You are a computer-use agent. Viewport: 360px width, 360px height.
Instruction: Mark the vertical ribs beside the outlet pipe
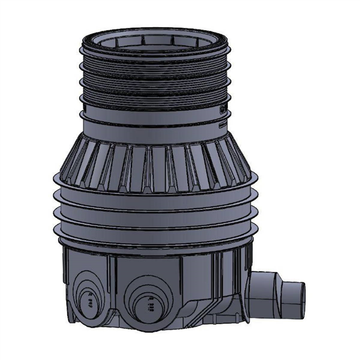(231, 288)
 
